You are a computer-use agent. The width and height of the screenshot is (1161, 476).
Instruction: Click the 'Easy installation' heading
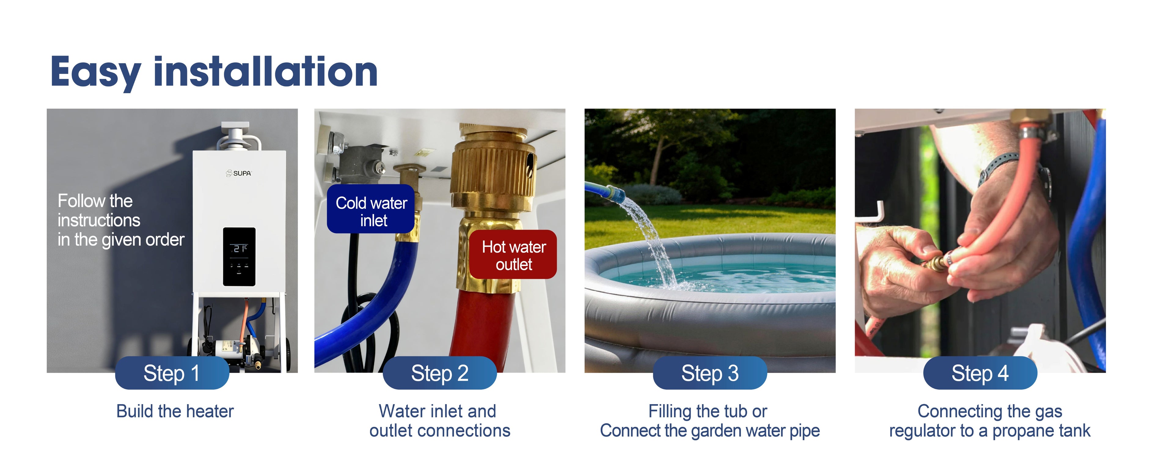point(214,72)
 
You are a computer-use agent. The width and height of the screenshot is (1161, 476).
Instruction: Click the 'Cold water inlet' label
point(371,209)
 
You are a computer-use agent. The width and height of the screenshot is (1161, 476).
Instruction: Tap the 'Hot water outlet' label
point(513,254)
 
